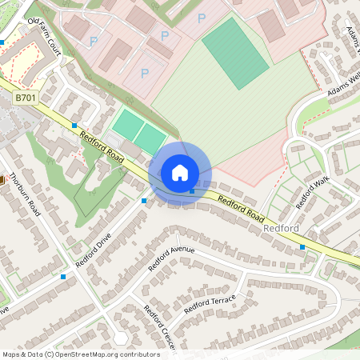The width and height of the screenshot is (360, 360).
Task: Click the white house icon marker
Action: pos(180,173)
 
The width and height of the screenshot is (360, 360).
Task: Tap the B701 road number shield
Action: pos(26,97)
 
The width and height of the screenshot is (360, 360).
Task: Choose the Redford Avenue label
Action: pos(171,259)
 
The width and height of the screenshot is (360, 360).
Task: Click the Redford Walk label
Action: pos(313,194)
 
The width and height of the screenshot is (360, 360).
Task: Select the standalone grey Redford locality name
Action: pos(281,230)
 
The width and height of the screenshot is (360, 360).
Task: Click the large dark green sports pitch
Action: pos(235,53)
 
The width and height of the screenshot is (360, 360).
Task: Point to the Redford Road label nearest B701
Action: pos(102,149)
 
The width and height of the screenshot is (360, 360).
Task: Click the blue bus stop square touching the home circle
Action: pos(192,190)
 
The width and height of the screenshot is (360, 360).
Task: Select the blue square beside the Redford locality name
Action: pos(302,247)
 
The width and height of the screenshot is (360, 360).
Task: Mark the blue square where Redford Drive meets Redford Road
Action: pos(144,200)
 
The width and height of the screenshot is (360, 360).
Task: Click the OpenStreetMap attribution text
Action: pos(81,354)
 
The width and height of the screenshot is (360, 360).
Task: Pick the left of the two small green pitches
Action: pos(126,124)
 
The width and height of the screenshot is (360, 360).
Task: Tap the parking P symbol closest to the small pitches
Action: pos(145,74)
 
